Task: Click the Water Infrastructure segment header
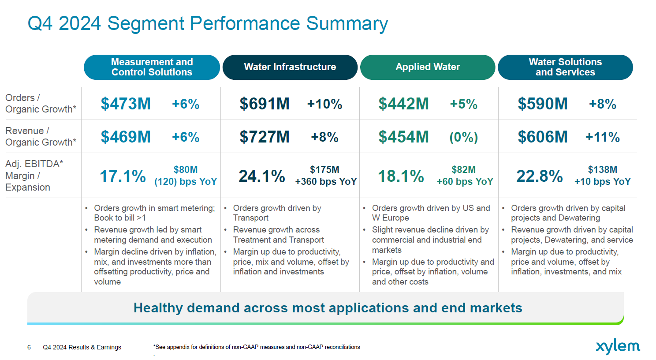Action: click(290, 67)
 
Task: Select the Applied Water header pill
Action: click(428, 67)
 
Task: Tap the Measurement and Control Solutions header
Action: click(152, 67)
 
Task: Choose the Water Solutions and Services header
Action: click(565, 67)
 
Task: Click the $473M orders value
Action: click(126, 104)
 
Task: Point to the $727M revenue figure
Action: click(265, 137)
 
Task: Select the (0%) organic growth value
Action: click(463, 137)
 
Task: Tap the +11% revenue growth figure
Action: click(602, 137)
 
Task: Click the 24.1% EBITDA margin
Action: click(262, 176)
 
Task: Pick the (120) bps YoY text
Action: click(186, 182)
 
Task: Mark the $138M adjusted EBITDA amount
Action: click(602, 170)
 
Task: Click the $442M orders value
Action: click(403, 104)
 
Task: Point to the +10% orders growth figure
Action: click(324, 104)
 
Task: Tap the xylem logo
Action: click(618, 347)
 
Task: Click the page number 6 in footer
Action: click(29, 347)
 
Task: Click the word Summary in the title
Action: click(347, 23)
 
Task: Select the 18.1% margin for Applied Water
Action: click(401, 176)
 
